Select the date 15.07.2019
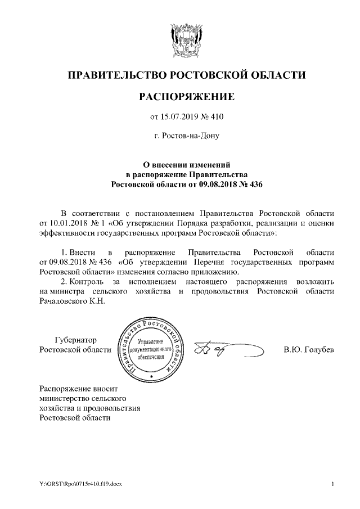point(181,117)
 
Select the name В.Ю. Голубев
point(309,350)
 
